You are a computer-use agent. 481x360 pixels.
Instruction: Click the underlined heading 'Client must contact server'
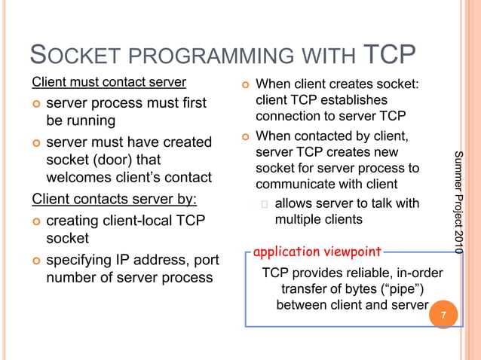109,81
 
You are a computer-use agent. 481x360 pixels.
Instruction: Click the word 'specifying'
84,260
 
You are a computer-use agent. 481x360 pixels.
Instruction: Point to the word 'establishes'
354,100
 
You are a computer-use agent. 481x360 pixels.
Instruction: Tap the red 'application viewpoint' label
317,251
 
